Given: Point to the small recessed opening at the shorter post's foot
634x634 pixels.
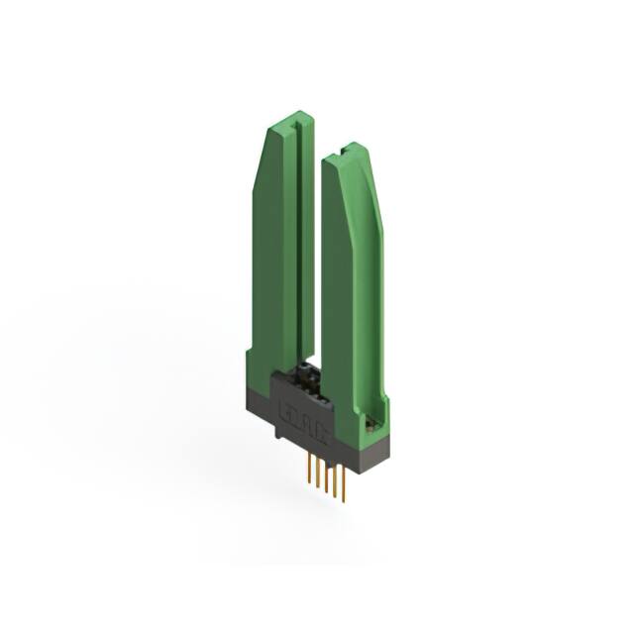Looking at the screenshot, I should (x=373, y=423).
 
